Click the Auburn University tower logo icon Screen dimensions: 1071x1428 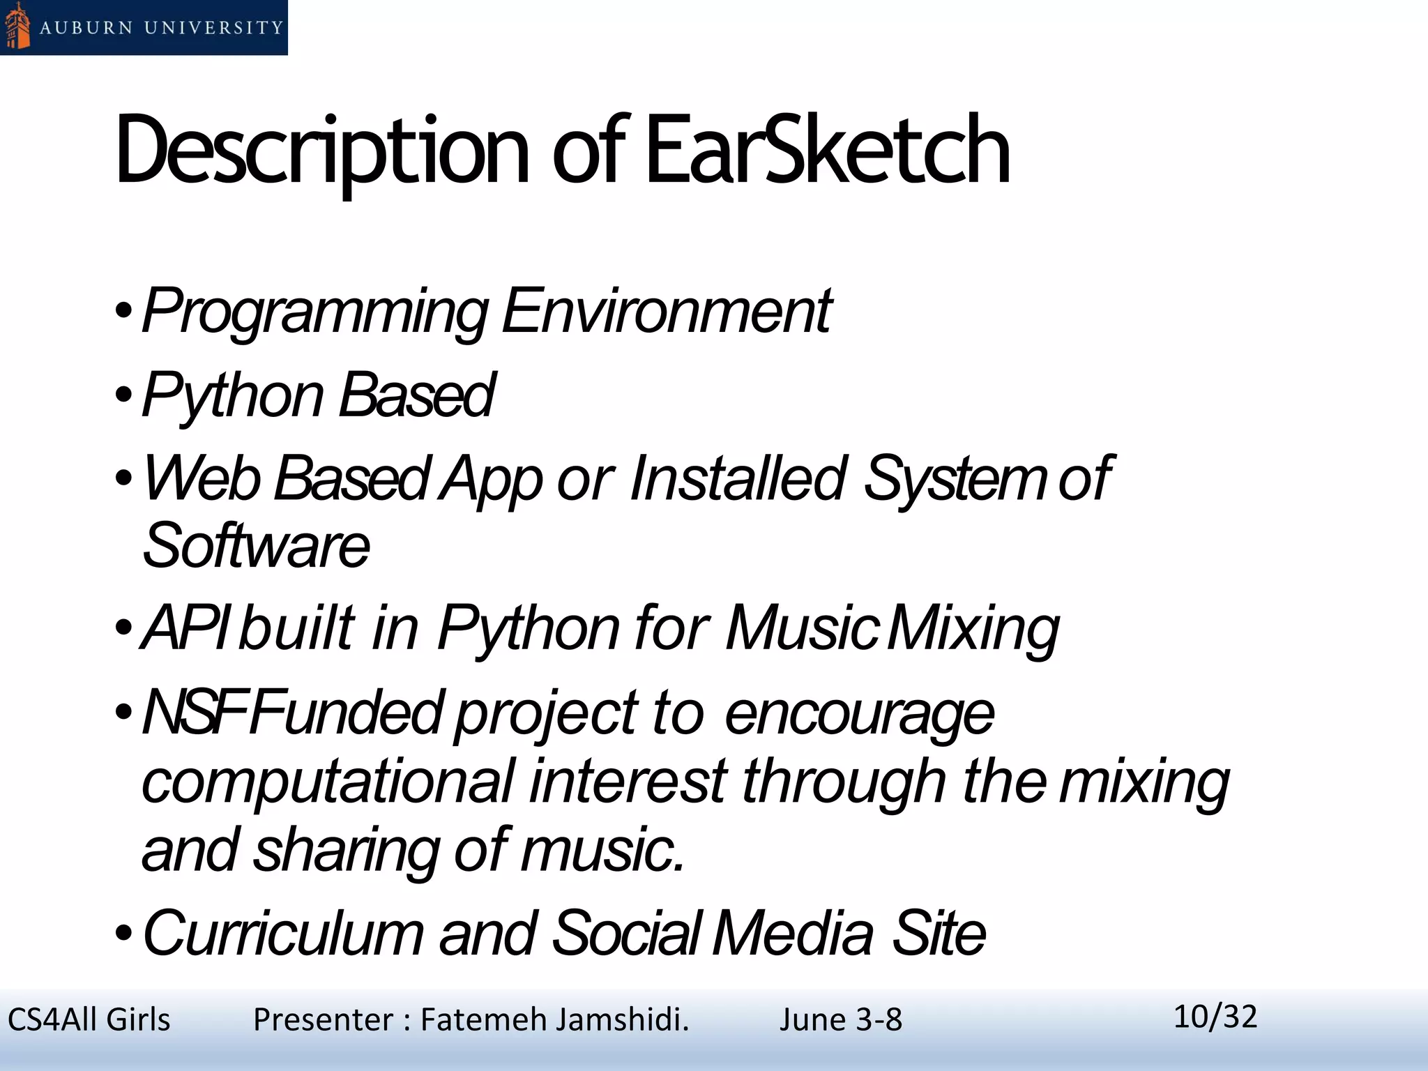[x=17, y=26]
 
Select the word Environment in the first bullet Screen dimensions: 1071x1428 [x=666, y=311]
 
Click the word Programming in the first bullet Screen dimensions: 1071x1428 [x=315, y=312]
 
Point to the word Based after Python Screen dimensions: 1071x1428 [x=417, y=395]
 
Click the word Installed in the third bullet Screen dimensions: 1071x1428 [x=738, y=478]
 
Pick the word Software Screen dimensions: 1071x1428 [x=255, y=545]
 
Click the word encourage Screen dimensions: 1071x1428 [x=859, y=714]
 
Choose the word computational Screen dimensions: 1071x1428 [x=328, y=782]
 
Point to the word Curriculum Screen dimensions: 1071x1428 [x=283, y=933]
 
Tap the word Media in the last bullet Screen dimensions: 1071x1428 [x=793, y=933]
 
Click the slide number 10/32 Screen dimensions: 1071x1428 [x=1215, y=1017]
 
